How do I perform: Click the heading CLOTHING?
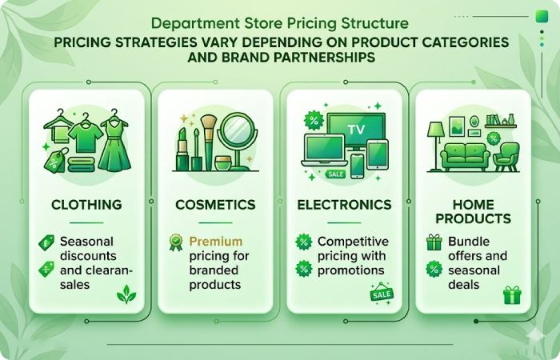tap(86, 205)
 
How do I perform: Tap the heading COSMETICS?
tap(214, 205)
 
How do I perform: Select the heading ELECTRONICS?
tap(344, 205)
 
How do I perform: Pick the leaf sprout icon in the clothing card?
tap(126, 295)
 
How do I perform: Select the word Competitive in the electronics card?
tap(353, 241)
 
